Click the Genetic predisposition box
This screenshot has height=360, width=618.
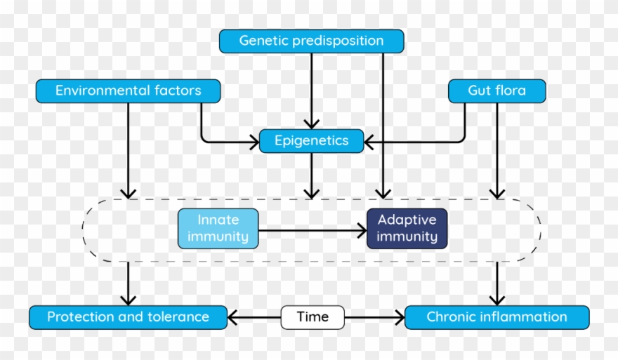coord(311,41)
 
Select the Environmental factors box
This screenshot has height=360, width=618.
coord(128,91)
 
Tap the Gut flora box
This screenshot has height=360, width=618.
coord(497,91)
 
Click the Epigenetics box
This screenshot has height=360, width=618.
coord(311,141)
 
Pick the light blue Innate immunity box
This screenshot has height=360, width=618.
coord(218,229)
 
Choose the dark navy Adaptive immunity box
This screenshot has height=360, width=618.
coord(407,229)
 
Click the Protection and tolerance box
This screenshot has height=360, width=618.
coord(128,317)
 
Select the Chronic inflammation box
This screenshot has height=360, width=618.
coord(497,317)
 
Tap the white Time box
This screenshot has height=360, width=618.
coord(313,317)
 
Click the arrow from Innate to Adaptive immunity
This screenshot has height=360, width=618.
coord(313,229)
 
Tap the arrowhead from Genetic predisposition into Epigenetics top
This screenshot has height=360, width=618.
coord(311,124)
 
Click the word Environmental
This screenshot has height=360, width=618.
coord(100,91)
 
